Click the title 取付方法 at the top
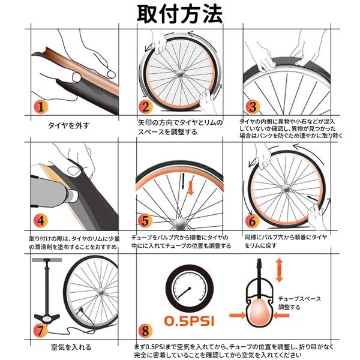[x=180, y=14]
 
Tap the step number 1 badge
[x=41, y=107]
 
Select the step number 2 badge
[x=146, y=107]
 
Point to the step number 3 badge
[x=253, y=107]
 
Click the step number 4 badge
[x=41, y=221]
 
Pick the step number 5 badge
[x=145, y=221]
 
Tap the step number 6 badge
[x=252, y=221]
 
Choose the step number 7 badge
[x=41, y=331]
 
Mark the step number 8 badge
[x=145, y=331]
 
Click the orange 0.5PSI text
[x=189, y=321]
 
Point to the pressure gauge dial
[x=190, y=289]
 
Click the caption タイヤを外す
[x=68, y=125]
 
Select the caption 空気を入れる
[x=71, y=347]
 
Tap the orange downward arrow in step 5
[x=191, y=188]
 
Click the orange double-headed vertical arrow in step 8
[x=279, y=270]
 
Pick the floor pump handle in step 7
[x=47, y=260]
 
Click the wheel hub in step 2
[x=179, y=73]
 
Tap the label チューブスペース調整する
[x=299, y=303]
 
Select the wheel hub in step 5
[x=179, y=223]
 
